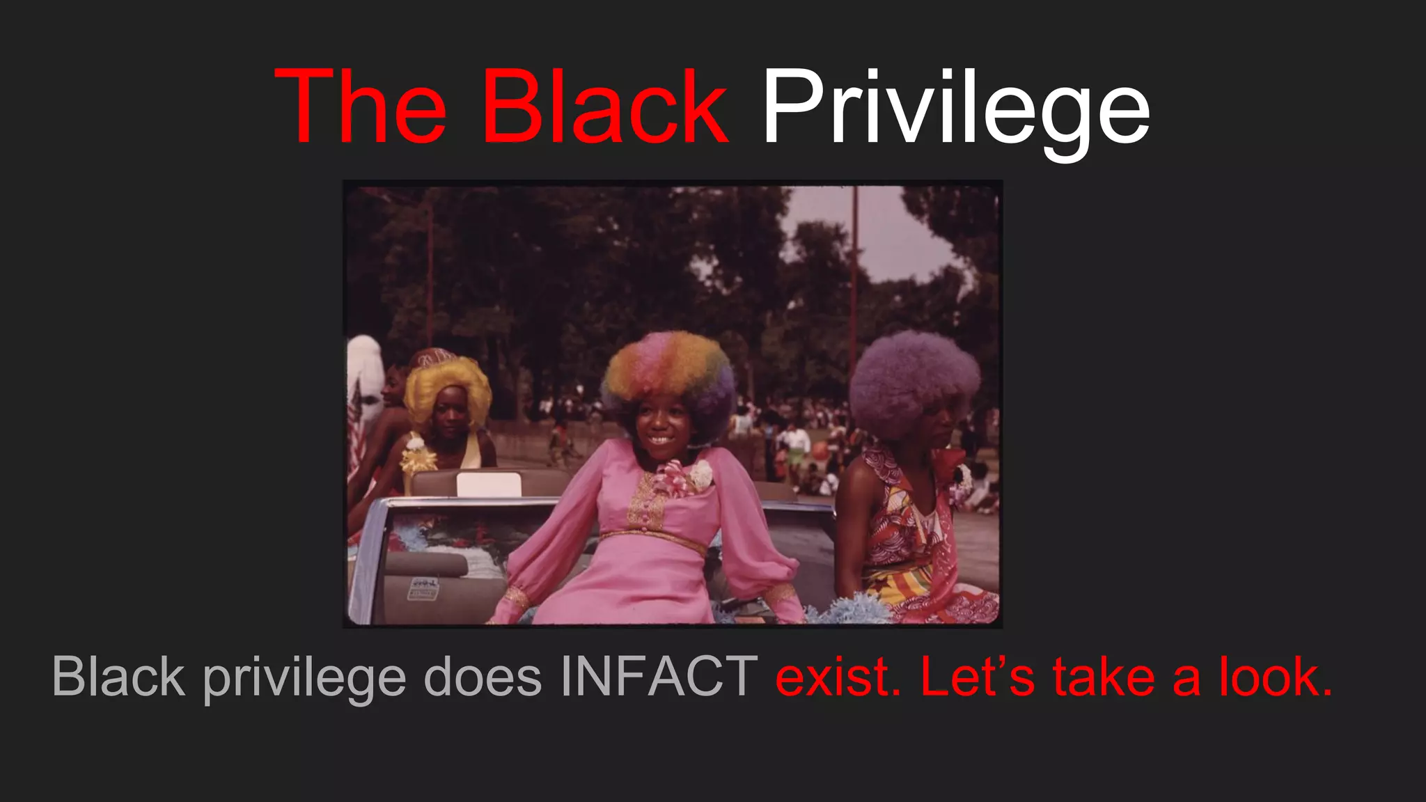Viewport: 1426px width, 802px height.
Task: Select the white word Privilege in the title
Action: coord(955,110)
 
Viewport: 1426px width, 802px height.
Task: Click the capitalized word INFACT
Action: coord(659,676)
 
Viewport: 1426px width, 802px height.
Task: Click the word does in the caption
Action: coord(483,676)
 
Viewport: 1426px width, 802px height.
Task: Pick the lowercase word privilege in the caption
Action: coord(304,679)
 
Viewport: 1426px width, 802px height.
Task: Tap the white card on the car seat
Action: coord(489,485)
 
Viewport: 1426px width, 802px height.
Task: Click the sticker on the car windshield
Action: coord(423,589)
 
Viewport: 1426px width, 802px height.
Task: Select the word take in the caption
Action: coord(1103,676)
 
